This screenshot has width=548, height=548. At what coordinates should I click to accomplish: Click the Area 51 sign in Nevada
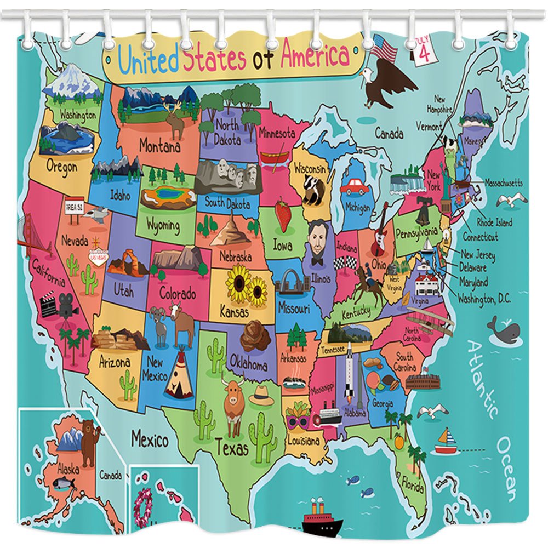74,207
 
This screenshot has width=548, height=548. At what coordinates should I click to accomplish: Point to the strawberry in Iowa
283,215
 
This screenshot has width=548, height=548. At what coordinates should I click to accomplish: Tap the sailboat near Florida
446,442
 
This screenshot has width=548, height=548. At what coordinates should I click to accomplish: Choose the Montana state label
159,147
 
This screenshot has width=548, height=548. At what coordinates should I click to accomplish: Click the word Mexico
149,439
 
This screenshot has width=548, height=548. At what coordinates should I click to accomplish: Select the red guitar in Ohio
380,230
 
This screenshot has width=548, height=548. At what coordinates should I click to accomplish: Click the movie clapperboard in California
48,306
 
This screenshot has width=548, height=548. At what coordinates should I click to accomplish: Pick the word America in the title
315,56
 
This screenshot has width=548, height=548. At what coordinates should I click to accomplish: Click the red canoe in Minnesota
275,158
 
